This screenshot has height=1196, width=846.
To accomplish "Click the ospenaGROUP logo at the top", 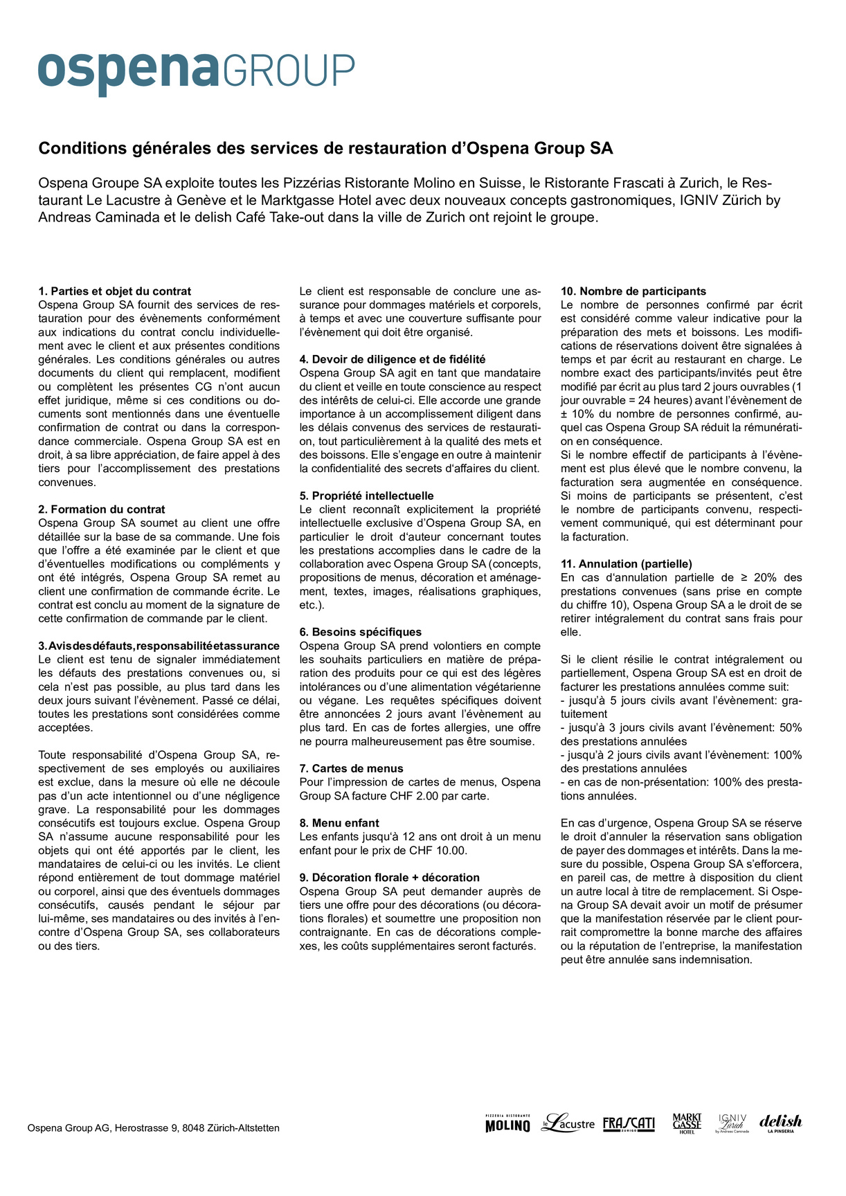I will coord(196,72).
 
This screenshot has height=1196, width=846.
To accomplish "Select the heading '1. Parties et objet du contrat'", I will coord(115,291).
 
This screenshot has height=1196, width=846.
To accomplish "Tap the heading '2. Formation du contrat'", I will coord(102,509).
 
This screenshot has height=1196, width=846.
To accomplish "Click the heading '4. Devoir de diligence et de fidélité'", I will coord(393,359).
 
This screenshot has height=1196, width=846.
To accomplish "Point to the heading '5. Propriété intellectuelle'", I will coord(367,496).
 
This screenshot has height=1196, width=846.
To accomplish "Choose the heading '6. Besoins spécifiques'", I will coord(361,632).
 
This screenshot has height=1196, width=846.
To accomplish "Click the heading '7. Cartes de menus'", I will coord(351,768).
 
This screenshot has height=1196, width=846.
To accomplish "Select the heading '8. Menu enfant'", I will coord(339,823).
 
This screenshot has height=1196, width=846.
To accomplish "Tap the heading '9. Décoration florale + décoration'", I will coord(390,878).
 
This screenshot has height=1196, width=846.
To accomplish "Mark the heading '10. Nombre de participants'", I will coord(633,291).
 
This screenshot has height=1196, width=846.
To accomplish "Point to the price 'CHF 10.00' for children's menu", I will coord(440,851).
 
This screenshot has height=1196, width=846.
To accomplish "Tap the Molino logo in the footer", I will coord(507,1124).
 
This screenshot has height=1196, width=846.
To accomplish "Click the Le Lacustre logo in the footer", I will coord(568,1123).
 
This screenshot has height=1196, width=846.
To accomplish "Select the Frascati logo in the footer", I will coord(629,1124).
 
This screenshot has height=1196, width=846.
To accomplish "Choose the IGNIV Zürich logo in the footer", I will coord(732,1123).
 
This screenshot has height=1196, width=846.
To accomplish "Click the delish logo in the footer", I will coord(780,1123).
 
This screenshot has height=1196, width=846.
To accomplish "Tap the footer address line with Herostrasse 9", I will coord(154,1128).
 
